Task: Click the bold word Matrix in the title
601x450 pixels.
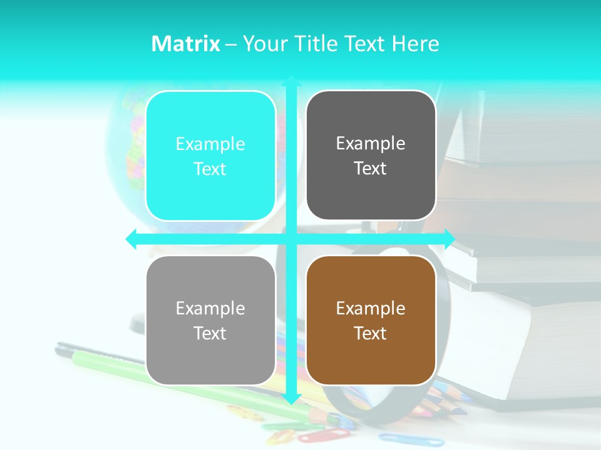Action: click(186, 44)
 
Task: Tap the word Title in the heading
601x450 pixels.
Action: click(316, 44)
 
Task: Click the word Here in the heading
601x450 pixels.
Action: click(415, 44)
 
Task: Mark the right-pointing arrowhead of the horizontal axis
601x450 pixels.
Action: click(449, 239)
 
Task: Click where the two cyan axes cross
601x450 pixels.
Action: click(290, 239)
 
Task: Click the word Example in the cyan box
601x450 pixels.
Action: click(210, 144)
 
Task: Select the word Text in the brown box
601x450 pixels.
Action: click(371, 333)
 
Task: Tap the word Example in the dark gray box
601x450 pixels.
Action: click(371, 144)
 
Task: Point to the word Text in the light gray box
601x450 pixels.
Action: click(210, 333)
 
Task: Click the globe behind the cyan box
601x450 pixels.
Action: click(125, 137)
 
